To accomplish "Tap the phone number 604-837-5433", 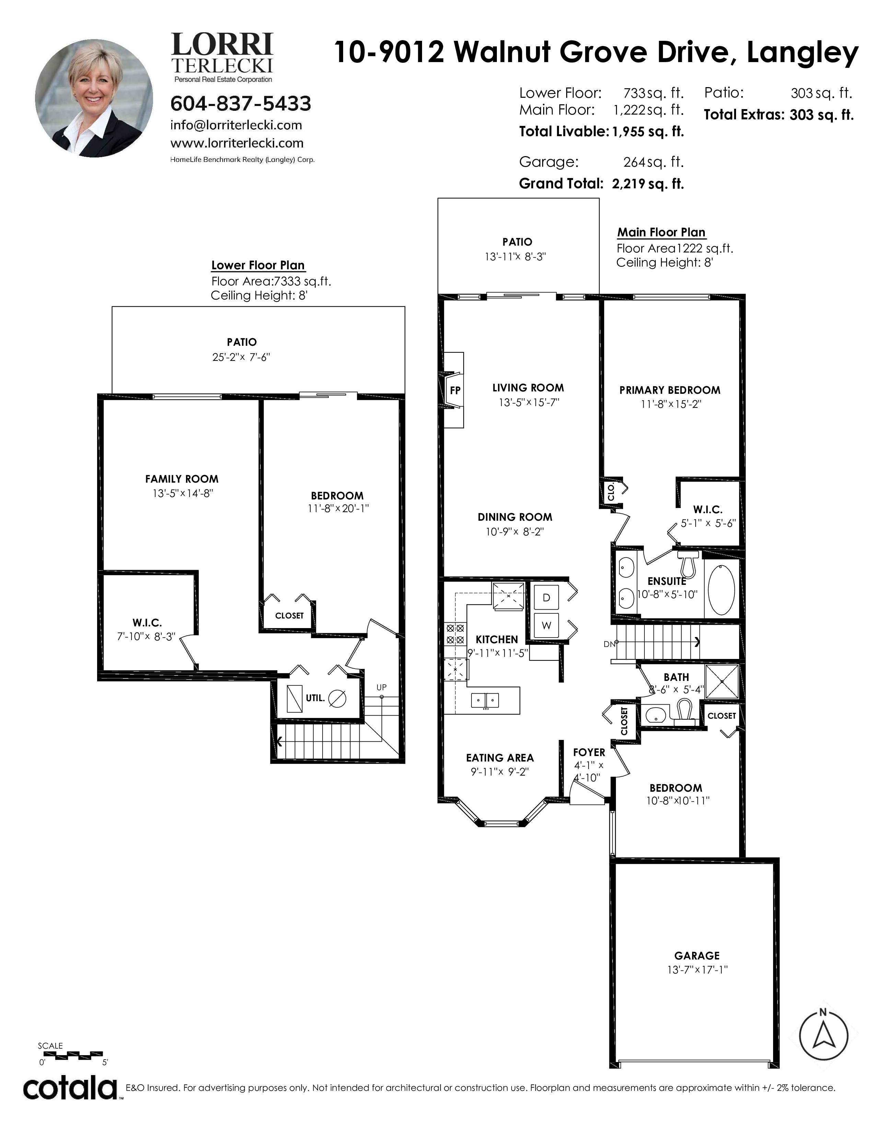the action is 241,104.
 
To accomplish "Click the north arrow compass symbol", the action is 823,1036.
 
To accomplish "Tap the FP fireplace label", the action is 455,391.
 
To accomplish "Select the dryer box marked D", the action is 546,598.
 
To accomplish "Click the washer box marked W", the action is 546,626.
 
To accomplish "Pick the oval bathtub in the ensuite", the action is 721,589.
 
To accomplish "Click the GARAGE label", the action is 697,955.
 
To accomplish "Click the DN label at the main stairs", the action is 609,644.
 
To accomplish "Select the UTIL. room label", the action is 315,698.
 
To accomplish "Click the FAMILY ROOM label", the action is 182,479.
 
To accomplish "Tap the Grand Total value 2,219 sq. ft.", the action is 648,184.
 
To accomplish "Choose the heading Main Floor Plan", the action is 661,232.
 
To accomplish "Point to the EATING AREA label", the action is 500,758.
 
